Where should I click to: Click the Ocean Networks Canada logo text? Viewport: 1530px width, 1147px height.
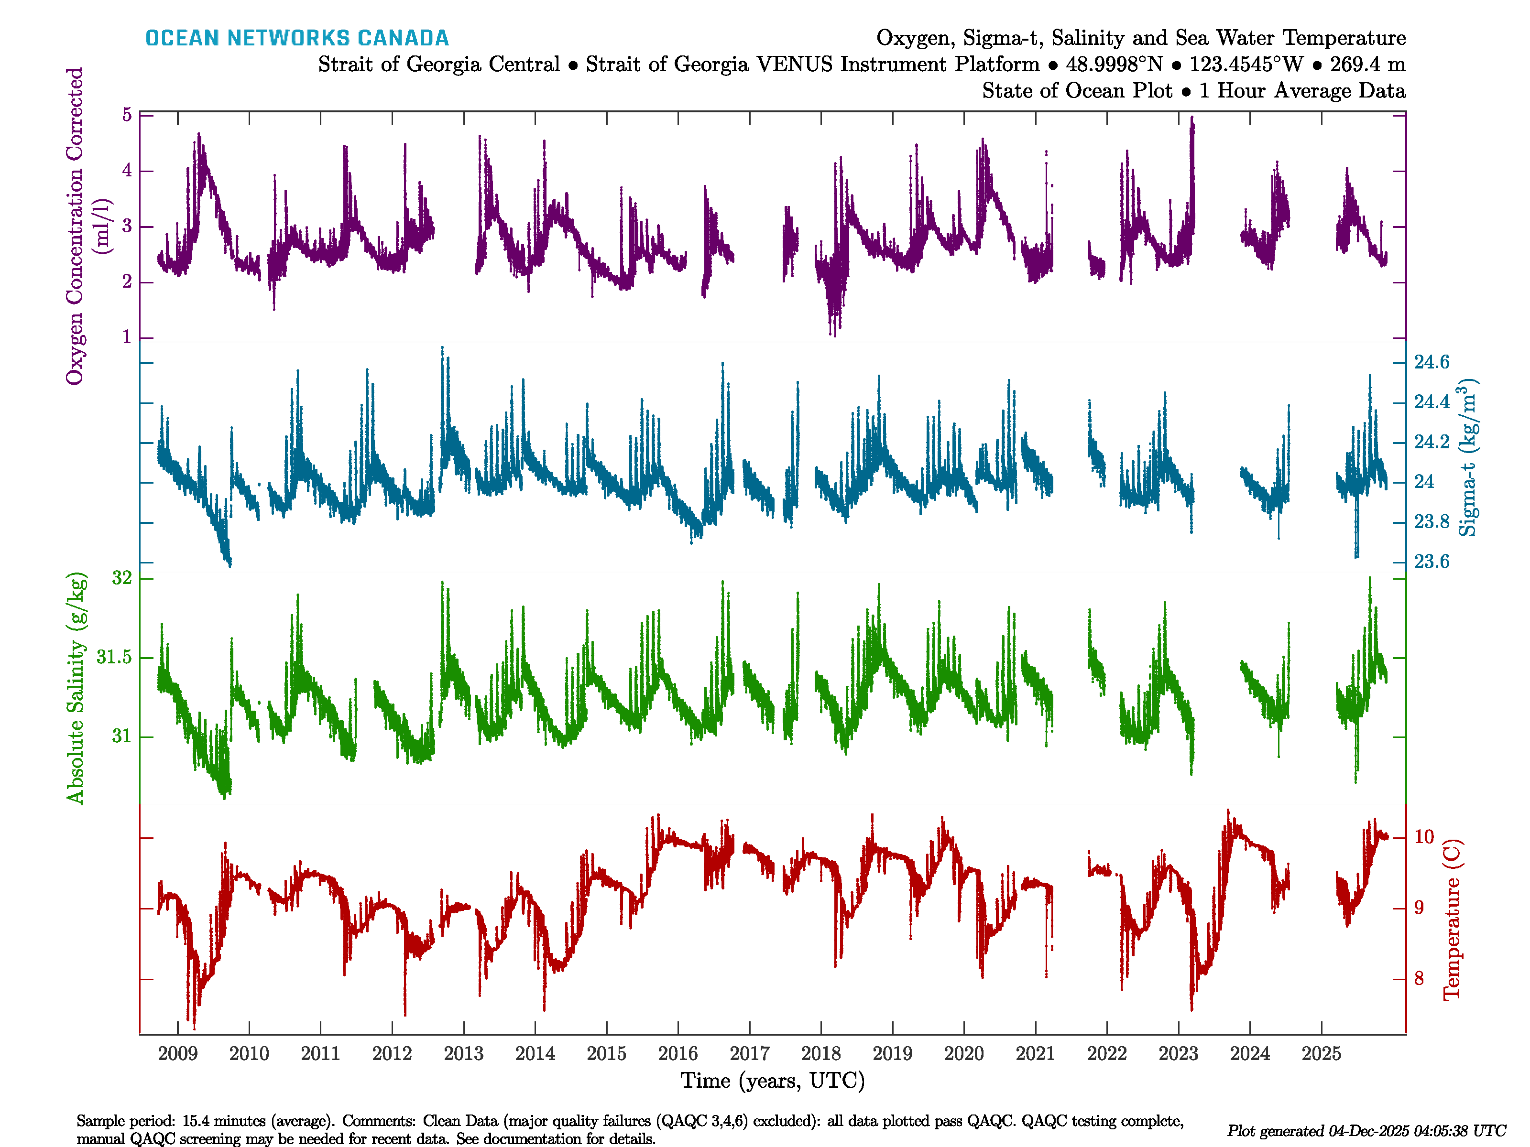(x=297, y=38)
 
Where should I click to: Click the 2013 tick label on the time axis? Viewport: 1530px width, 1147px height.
(x=463, y=1054)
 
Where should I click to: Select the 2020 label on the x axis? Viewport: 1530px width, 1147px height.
(x=963, y=1054)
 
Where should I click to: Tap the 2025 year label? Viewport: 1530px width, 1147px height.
(x=1321, y=1054)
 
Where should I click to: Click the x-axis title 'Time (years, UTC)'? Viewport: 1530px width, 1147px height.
(x=773, y=1081)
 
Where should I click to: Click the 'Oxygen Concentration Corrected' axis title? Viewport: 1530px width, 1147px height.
(x=75, y=226)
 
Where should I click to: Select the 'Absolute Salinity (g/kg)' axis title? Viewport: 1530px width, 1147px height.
(x=76, y=688)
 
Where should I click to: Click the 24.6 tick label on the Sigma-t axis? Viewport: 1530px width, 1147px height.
(x=1431, y=362)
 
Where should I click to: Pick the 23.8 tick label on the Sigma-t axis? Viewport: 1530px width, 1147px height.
(x=1431, y=522)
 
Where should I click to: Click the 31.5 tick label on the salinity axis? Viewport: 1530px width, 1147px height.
(x=114, y=657)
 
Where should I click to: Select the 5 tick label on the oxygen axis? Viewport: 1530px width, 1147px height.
(x=127, y=115)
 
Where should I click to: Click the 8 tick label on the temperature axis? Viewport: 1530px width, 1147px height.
(x=1419, y=979)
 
